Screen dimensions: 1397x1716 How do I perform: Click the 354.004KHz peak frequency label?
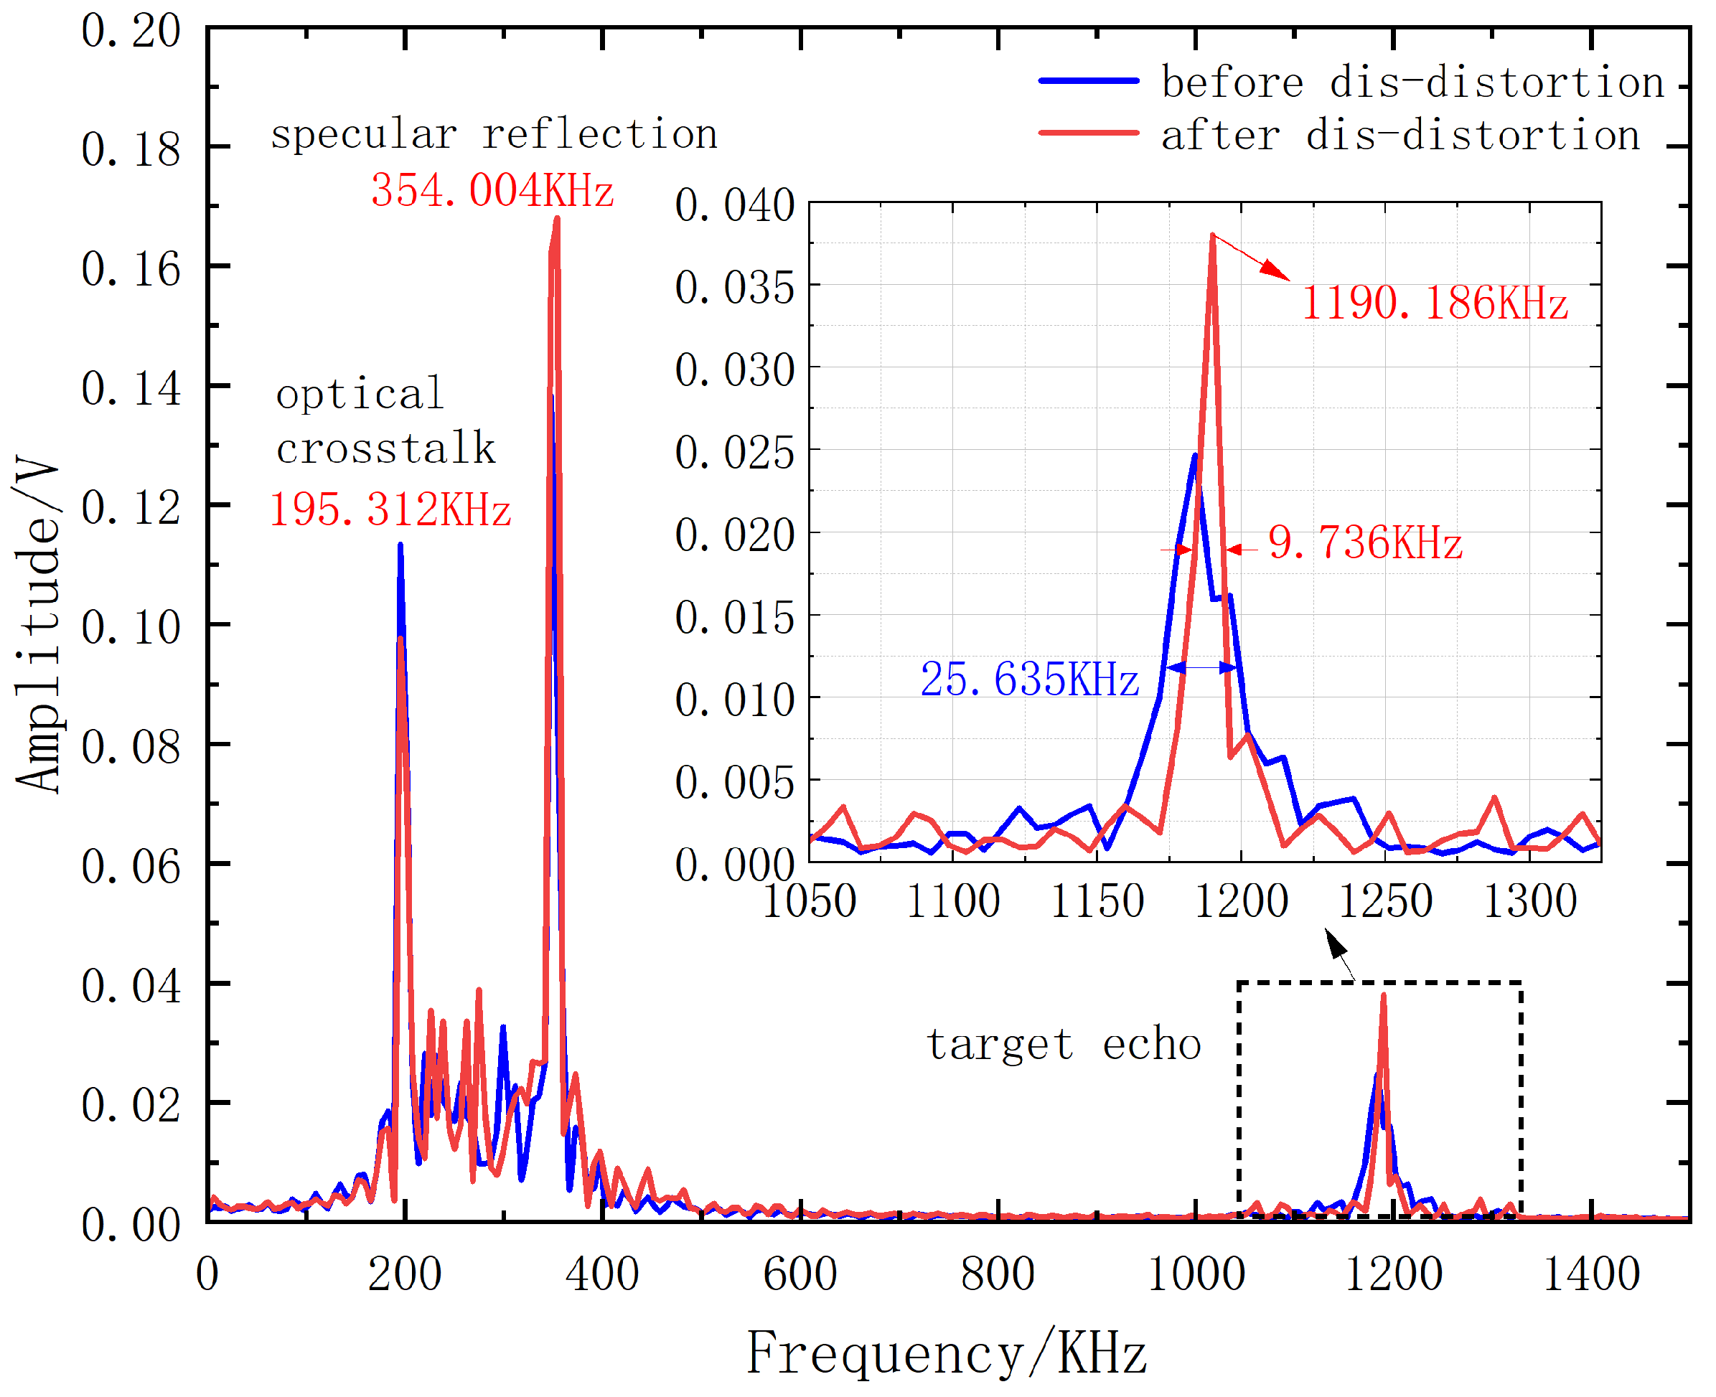[x=492, y=192]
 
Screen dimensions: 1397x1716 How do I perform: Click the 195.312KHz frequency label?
[x=390, y=510]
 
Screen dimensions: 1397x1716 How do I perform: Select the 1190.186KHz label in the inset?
[x=1434, y=304]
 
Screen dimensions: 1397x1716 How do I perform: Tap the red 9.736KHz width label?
[x=1364, y=543]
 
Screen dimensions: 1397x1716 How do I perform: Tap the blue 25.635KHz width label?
[x=1028, y=680]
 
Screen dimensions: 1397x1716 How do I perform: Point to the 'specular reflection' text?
[x=493, y=133]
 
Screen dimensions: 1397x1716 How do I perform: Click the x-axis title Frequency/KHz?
[x=947, y=1353]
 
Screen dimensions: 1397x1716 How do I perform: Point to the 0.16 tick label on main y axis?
[x=131, y=269]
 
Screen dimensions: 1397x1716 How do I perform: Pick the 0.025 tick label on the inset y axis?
[x=734, y=452]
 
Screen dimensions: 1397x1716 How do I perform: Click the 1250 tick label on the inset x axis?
[x=1384, y=901]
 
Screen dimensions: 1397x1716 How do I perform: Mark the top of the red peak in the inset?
[x=1212, y=235]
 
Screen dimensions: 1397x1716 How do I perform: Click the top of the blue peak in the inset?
[x=1194, y=456]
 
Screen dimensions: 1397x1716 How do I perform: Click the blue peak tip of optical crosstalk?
[x=400, y=545]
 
